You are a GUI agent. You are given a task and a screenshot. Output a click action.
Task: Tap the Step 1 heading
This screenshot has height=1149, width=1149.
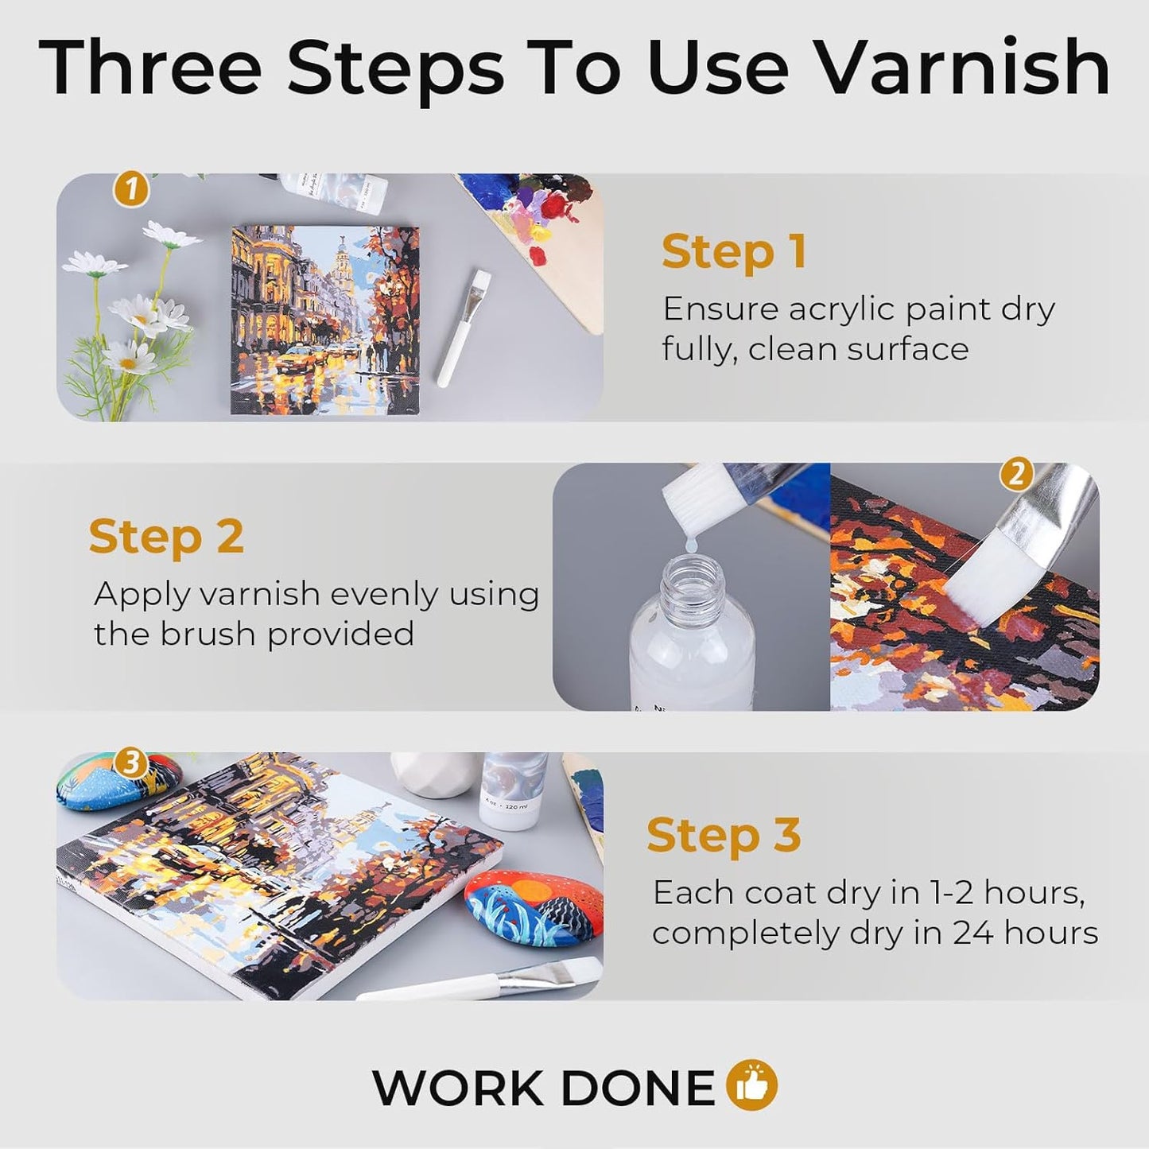[734, 252]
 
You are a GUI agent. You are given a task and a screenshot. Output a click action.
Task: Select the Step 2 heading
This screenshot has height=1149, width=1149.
[165, 537]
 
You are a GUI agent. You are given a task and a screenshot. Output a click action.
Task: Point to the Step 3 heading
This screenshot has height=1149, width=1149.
[724, 836]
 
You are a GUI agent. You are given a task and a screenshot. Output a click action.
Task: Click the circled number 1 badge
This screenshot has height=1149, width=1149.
[131, 190]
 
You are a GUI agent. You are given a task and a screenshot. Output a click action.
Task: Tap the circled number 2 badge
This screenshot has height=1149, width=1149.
[1015, 475]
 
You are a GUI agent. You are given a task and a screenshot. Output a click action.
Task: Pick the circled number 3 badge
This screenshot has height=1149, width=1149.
[130, 763]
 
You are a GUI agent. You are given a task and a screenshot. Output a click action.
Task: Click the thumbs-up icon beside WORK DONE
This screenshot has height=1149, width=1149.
[751, 1086]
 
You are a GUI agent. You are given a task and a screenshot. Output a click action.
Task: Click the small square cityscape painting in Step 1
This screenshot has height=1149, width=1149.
[324, 320]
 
